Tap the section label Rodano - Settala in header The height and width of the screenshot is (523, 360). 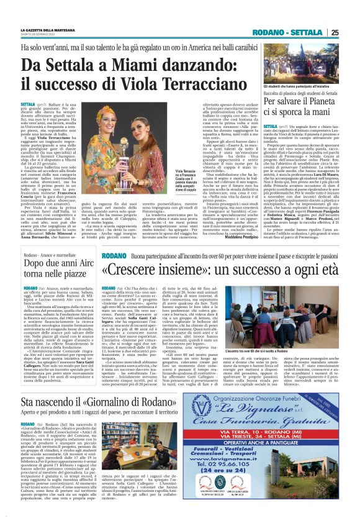tap(297, 34)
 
